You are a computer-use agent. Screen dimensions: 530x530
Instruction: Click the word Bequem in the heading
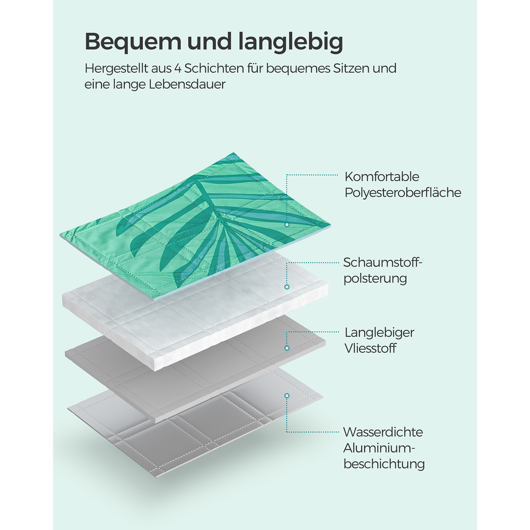132,42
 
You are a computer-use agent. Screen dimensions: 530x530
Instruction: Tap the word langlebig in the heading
290,42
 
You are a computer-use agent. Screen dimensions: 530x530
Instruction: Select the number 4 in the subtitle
178,68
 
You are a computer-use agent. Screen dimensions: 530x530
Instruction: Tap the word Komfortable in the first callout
382,177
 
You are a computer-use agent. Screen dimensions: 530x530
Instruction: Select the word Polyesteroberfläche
403,193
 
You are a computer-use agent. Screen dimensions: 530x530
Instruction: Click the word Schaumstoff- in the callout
383,263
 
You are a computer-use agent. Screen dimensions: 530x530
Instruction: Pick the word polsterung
375,278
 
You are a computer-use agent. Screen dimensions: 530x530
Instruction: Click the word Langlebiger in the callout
379,332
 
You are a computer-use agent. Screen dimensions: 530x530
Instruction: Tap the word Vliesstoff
370,348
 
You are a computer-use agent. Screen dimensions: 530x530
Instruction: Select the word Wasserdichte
383,432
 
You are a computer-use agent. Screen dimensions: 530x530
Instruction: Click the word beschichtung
384,464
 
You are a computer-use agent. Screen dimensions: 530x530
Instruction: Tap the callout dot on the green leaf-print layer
287,225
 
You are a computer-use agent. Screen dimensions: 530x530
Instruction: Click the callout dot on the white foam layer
287,287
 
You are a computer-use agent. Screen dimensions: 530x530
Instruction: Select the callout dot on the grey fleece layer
287,348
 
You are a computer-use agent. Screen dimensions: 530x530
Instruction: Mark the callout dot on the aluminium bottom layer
287,396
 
